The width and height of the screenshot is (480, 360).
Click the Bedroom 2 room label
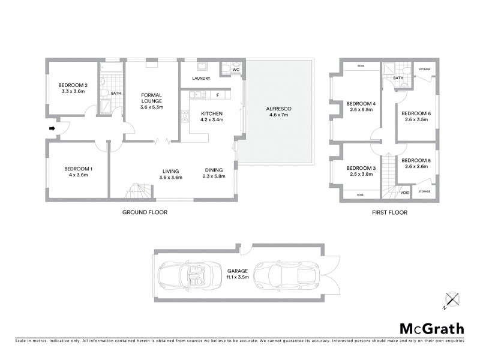(x=73, y=88)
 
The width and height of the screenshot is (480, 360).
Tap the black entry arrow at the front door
(x=52, y=128)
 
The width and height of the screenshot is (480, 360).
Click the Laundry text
(x=200, y=79)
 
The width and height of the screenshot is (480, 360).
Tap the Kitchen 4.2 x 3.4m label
(x=212, y=116)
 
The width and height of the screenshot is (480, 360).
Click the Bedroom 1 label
(x=78, y=173)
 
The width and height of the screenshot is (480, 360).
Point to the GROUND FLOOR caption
(x=145, y=212)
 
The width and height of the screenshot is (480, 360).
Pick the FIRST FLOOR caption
(x=391, y=212)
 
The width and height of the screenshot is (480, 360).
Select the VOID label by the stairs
(x=404, y=193)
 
